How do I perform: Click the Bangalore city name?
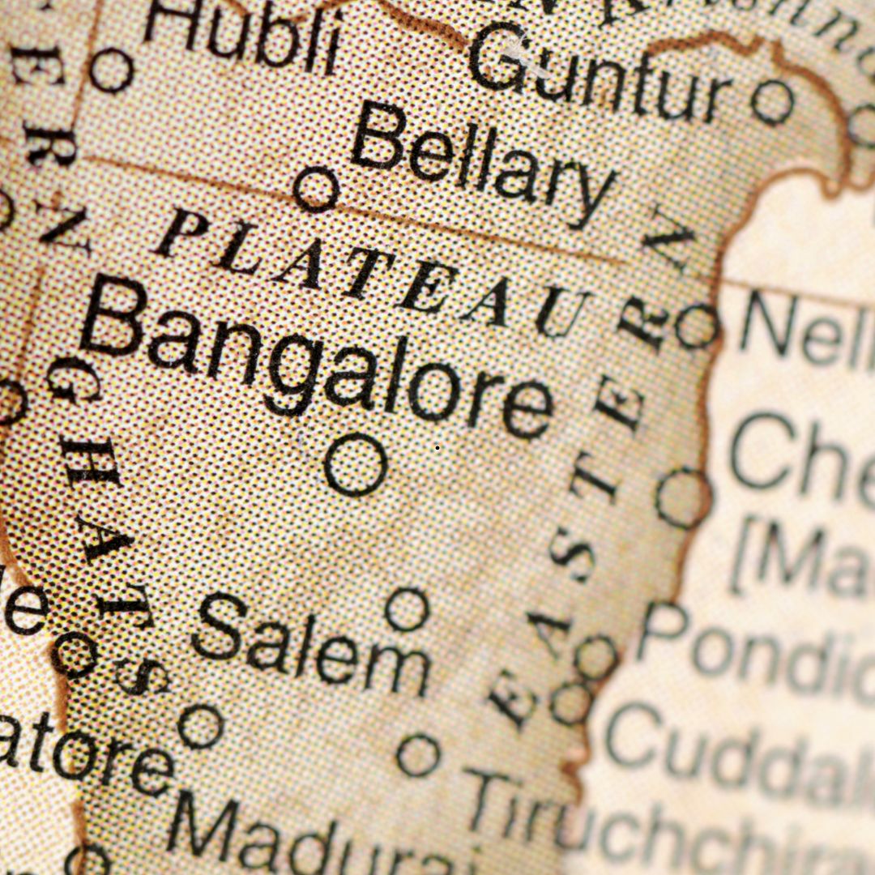click(316, 361)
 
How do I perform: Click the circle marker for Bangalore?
click(355, 465)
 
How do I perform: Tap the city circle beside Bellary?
click(315, 190)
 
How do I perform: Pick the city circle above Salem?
click(407, 609)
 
